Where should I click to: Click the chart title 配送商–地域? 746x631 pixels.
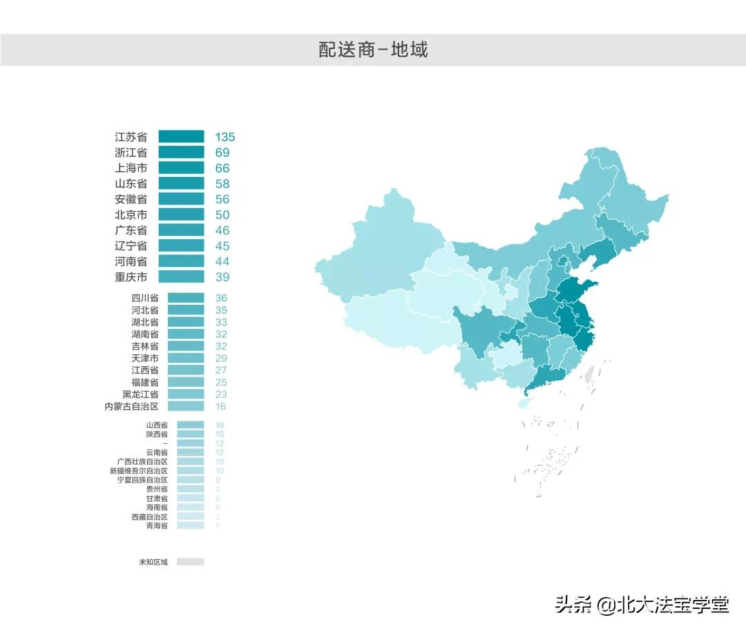[373, 50]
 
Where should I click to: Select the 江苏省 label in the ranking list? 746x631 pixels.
[131, 137]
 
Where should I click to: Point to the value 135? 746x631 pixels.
[224, 137]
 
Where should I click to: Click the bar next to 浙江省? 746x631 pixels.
[181, 152]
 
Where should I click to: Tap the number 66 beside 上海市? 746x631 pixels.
[222, 168]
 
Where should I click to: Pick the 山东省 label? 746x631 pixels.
[131, 184]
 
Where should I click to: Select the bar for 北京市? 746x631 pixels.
[181, 215]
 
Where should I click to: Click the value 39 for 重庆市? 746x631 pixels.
[222, 277]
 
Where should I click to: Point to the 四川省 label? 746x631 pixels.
[145, 298]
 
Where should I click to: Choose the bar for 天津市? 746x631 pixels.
[186, 358]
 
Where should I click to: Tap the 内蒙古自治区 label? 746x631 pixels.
[131, 406]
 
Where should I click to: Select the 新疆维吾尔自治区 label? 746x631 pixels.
[138, 471]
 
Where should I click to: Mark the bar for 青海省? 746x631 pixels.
[190, 526]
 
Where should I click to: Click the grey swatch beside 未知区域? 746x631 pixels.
[190, 562]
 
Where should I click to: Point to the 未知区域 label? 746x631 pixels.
[153, 562]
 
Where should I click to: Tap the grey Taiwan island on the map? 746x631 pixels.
[589, 375]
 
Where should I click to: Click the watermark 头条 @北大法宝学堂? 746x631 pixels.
[642, 605]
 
